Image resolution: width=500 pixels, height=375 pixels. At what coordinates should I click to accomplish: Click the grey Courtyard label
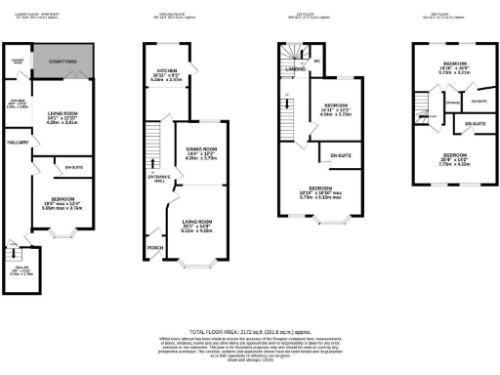(x=62, y=62)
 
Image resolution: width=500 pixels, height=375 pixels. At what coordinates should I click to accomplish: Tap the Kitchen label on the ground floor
(x=167, y=71)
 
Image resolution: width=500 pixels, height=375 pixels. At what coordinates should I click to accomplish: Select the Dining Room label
(x=201, y=149)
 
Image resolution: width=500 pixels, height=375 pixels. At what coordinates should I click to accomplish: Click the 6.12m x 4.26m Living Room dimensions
(x=197, y=231)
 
